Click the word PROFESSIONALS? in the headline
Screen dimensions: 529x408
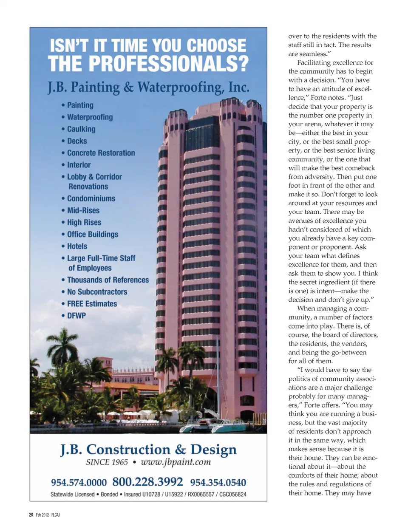[169, 64]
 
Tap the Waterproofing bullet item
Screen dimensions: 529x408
[90, 117]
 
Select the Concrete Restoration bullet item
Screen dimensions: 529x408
[101, 153]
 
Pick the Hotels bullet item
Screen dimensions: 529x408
[77, 246]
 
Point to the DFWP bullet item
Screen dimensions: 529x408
[76, 316]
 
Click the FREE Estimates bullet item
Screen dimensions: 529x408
[92, 304]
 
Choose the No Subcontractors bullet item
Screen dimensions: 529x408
[97, 292]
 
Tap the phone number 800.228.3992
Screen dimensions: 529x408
[147, 482]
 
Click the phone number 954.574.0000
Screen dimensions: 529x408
[79, 483]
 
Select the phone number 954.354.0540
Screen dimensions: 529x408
[218, 483]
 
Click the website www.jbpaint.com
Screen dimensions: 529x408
[176, 462]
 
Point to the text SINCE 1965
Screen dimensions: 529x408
[107, 462]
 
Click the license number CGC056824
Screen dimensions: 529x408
[233, 495]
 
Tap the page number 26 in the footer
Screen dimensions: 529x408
[31, 515]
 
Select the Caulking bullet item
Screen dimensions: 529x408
[81, 129]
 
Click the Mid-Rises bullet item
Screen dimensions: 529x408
[83, 210]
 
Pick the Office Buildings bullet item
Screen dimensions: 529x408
[93, 235]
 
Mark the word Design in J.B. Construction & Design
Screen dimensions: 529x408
[213, 450]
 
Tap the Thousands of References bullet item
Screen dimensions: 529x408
[108, 280]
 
